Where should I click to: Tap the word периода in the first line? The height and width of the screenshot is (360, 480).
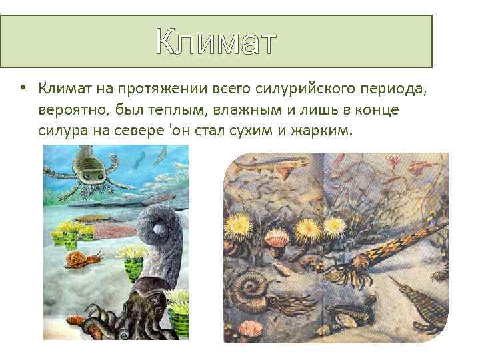pos(393,88)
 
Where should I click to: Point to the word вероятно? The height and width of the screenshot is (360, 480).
pos(69,109)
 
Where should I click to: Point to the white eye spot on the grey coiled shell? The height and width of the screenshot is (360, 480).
pos(159,230)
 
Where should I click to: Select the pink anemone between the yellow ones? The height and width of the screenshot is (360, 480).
pos(276,237)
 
